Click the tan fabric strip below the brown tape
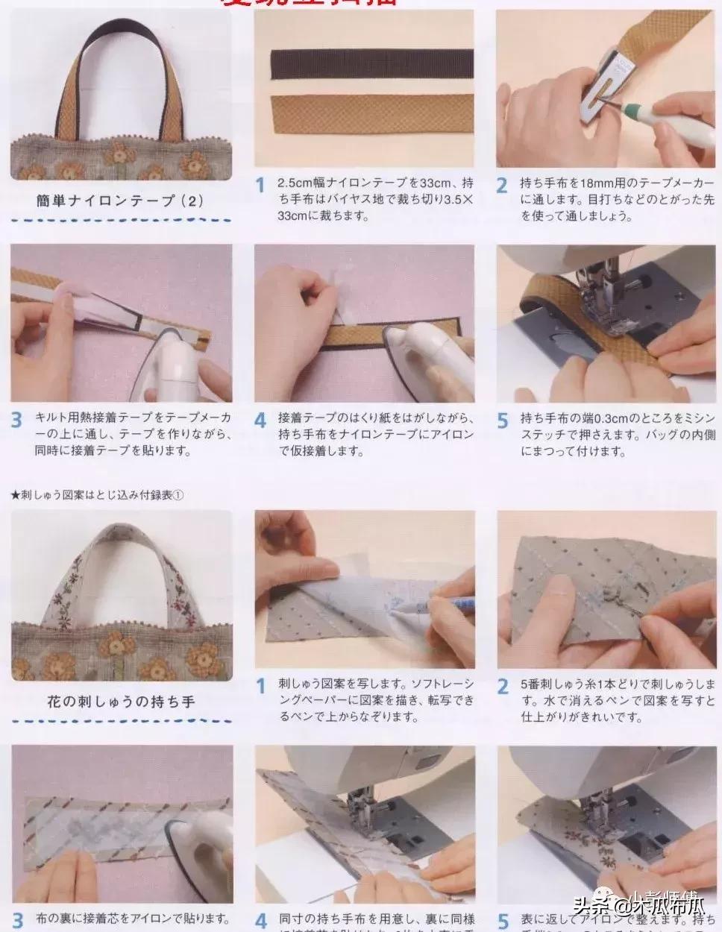click(x=364, y=113)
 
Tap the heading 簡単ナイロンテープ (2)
click(x=120, y=201)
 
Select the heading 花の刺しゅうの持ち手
click(x=120, y=702)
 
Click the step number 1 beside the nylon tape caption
click(x=260, y=185)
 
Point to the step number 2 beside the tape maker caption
click(x=503, y=185)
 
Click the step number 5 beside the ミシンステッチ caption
click(x=503, y=420)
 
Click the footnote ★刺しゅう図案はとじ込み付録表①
click(x=98, y=495)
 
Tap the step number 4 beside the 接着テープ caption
click(x=260, y=420)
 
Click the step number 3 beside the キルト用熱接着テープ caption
click(x=17, y=420)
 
